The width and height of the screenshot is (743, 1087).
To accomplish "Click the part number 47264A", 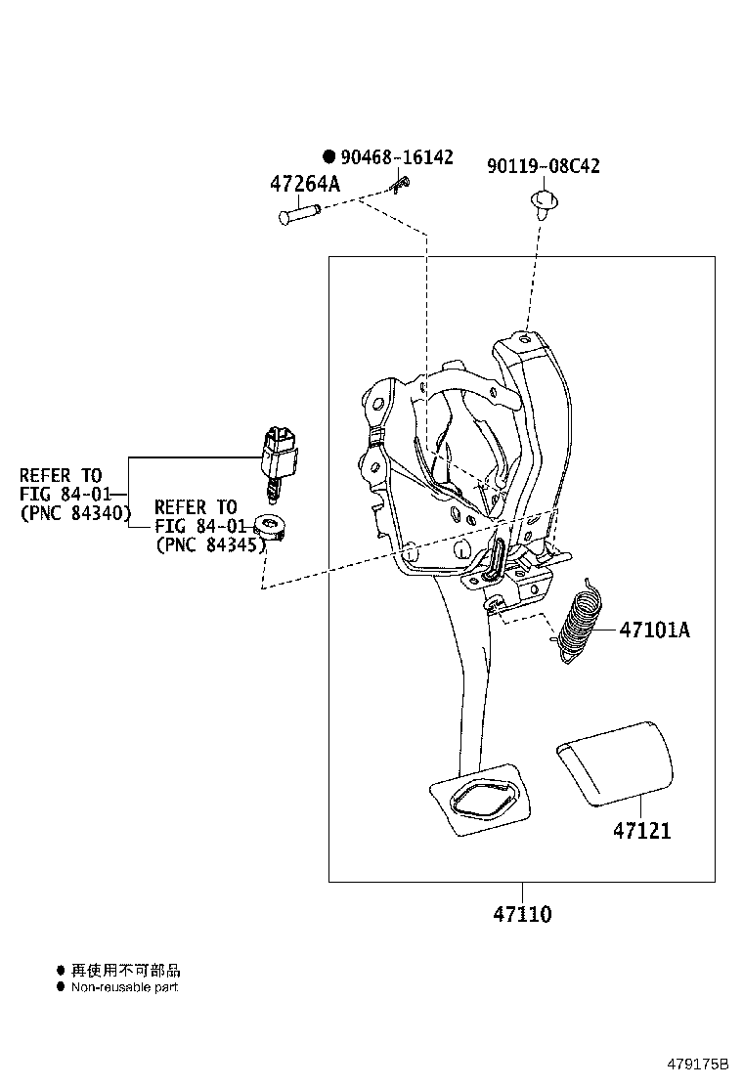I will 304,184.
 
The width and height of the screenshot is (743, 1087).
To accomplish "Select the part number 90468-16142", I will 396,157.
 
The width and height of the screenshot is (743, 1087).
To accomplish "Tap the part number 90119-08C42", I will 543,166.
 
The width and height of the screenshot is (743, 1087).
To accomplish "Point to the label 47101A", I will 654,630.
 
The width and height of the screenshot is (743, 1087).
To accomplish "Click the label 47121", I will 642,831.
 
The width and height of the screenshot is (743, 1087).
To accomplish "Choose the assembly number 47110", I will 522,915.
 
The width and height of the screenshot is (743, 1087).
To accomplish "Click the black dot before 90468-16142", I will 329,156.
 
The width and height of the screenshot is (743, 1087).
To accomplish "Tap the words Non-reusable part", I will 124,987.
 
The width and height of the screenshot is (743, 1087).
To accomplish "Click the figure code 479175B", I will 698,1064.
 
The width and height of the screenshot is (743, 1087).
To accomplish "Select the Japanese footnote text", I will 125,971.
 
